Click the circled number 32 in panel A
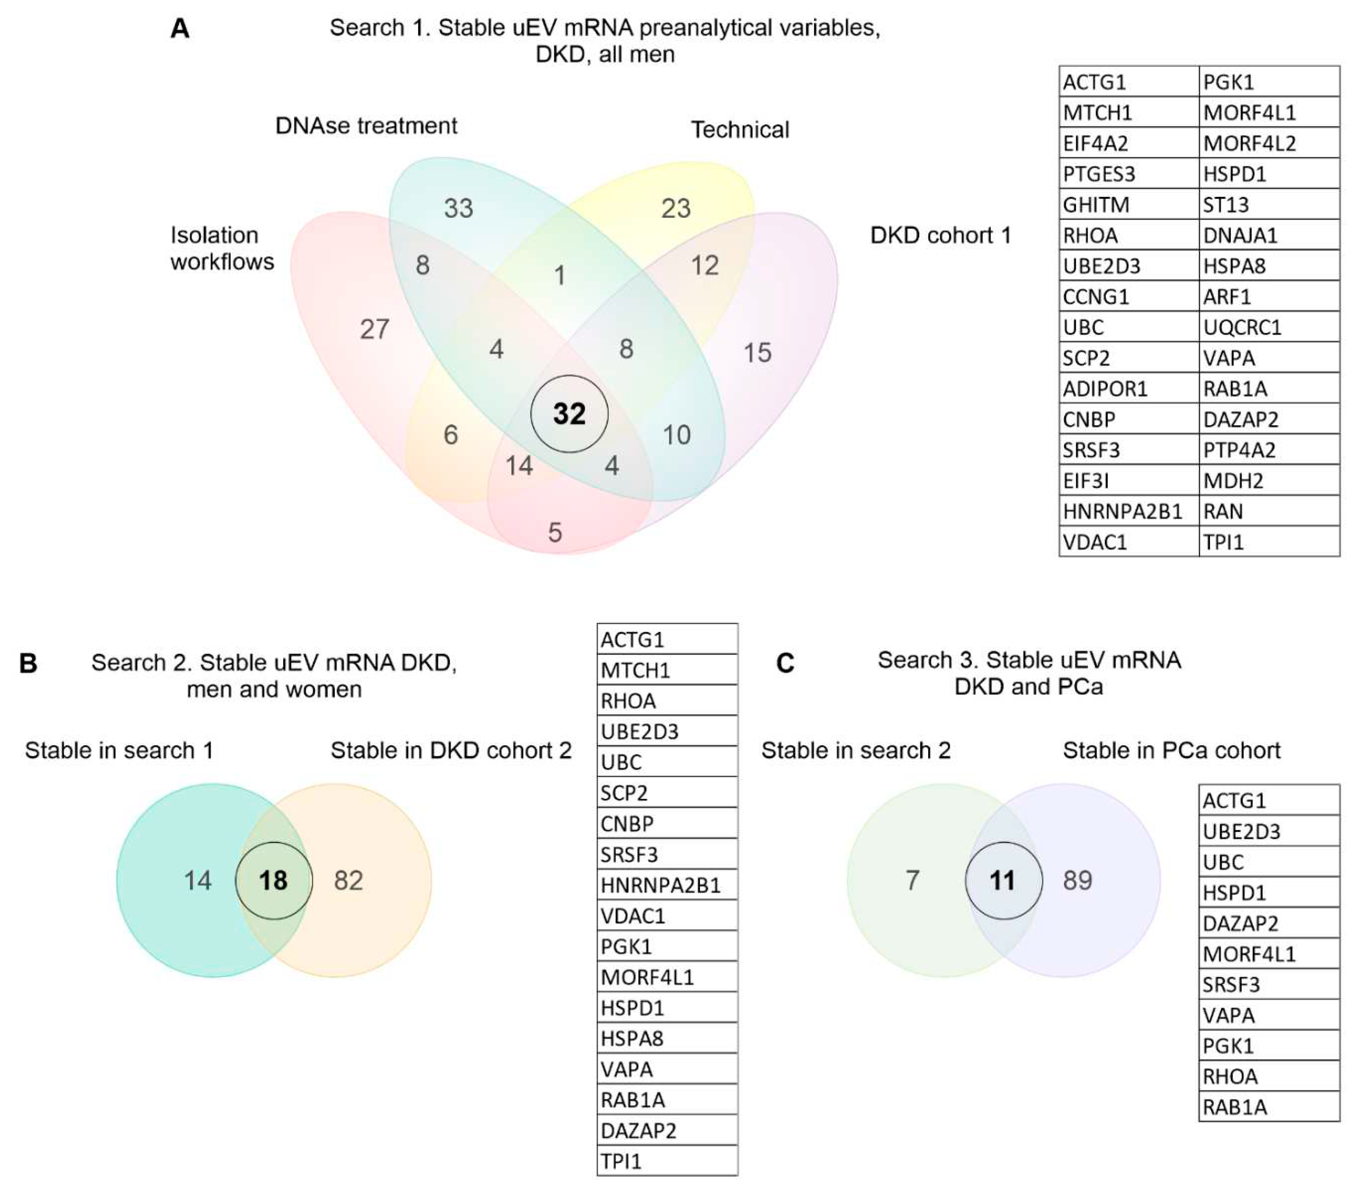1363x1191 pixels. click(569, 414)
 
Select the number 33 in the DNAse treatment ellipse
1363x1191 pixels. click(458, 208)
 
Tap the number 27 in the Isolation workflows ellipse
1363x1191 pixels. click(374, 329)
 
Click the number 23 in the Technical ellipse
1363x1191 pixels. click(675, 208)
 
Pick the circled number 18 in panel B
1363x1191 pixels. click(273, 881)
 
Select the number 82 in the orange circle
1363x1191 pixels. click(349, 881)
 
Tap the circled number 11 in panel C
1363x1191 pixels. click(1003, 881)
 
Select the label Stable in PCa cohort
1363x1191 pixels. click(1171, 750)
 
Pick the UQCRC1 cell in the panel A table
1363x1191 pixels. click(1269, 327)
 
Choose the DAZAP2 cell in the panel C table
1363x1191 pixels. click(1269, 923)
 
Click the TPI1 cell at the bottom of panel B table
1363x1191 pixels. click(667, 1161)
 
